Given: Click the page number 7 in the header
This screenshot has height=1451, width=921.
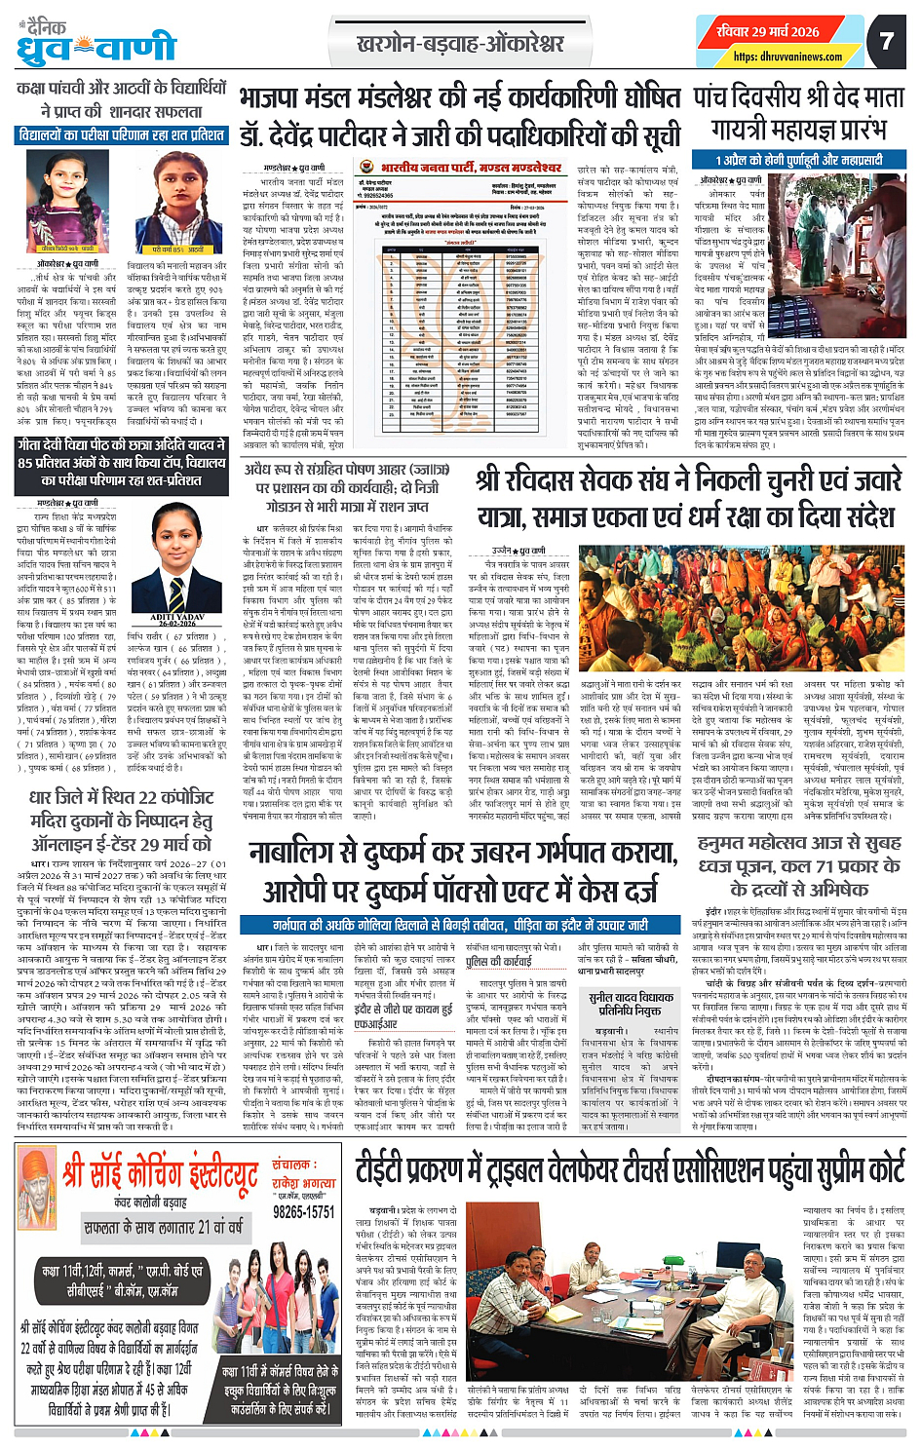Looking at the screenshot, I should tap(886, 40).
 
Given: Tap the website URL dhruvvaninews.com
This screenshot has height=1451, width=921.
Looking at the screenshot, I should tap(787, 57).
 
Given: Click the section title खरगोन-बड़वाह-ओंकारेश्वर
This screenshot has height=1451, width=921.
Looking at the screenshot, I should tap(460, 44).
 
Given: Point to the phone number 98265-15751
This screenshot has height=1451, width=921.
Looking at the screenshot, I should tap(303, 1211).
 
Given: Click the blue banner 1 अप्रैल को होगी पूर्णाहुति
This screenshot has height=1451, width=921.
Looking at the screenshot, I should tap(798, 160).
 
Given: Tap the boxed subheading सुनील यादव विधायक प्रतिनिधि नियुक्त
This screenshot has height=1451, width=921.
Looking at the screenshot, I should tap(631, 1004).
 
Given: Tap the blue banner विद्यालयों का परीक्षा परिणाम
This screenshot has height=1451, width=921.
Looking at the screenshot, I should tap(122, 135).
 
